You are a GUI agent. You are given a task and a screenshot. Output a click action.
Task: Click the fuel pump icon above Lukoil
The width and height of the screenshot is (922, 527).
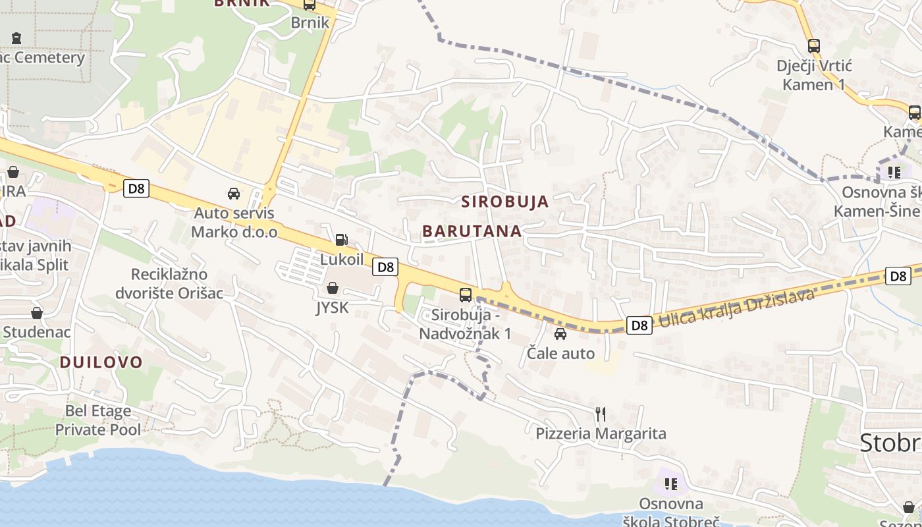click(341, 240)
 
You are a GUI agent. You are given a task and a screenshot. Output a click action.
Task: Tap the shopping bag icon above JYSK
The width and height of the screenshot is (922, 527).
click(333, 288)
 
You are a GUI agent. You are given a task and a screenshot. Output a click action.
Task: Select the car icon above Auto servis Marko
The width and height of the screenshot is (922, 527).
click(234, 193)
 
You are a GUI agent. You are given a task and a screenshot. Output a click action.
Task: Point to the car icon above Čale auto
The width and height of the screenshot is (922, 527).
click(560, 334)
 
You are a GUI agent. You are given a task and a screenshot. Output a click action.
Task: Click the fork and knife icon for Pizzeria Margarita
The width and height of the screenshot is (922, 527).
click(601, 414)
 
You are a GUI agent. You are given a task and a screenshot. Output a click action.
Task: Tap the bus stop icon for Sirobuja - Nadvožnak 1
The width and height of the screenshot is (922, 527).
click(466, 294)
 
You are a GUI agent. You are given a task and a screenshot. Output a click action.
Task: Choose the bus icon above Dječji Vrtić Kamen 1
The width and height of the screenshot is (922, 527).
click(814, 46)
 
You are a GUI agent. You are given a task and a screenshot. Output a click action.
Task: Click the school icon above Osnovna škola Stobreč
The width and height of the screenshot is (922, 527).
click(671, 484)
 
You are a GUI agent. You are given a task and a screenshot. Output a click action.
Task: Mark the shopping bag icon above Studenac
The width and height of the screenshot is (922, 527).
click(37, 312)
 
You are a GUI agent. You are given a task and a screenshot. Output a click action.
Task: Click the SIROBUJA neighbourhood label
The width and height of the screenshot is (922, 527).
click(505, 202)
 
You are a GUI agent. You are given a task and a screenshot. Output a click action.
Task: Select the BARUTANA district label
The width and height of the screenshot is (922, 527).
click(472, 231)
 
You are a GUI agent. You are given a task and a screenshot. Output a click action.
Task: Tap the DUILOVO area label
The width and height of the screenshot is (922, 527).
click(101, 362)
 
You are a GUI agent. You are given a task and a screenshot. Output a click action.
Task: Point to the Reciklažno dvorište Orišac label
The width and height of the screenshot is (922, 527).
click(169, 283)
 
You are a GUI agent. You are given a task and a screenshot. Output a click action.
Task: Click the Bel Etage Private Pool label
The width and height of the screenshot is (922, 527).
click(97, 420)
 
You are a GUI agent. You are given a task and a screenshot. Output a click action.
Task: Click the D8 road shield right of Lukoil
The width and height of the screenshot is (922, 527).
click(386, 267)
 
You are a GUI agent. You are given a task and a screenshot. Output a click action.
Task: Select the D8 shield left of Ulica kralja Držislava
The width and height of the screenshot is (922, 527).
click(639, 325)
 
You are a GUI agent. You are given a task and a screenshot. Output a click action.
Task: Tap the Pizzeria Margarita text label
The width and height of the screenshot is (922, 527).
click(601, 433)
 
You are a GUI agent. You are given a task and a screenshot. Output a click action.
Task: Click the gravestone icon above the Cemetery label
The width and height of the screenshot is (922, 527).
click(16, 38)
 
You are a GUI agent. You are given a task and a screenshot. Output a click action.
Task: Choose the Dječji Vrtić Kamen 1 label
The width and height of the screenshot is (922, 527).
click(814, 75)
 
